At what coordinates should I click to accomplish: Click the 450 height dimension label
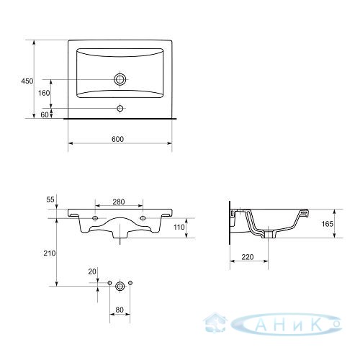(x=27, y=81)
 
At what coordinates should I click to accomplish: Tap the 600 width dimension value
(x=118, y=139)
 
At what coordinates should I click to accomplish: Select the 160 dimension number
(x=44, y=93)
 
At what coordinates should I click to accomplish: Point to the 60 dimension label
(x=45, y=115)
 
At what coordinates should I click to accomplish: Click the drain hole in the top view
(x=120, y=79)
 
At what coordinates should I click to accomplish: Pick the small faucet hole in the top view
(x=120, y=108)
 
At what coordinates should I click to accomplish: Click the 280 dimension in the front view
(x=119, y=202)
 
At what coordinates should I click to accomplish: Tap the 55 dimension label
(x=50, y=199)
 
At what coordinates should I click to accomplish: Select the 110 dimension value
(x=179, y=227)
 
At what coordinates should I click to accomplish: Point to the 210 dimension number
(x=50, y=253)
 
